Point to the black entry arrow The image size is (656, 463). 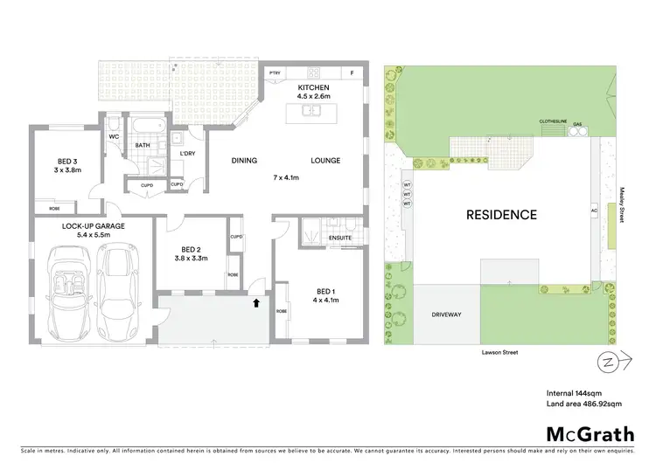(x=256, y=303)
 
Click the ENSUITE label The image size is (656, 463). (x=340, y=237)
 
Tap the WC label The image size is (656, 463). (x=115, y=137)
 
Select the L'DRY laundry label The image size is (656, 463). (x=186, y=155)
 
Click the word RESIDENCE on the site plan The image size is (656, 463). (x=501, y=213)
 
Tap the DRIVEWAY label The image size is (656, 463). (x=447, y=314)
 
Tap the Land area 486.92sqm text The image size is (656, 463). (x=584, y=403)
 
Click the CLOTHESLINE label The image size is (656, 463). (x=552, y=123)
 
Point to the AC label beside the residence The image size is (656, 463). (x=594, y=211)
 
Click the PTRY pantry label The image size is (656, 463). (x=274, y=73)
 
